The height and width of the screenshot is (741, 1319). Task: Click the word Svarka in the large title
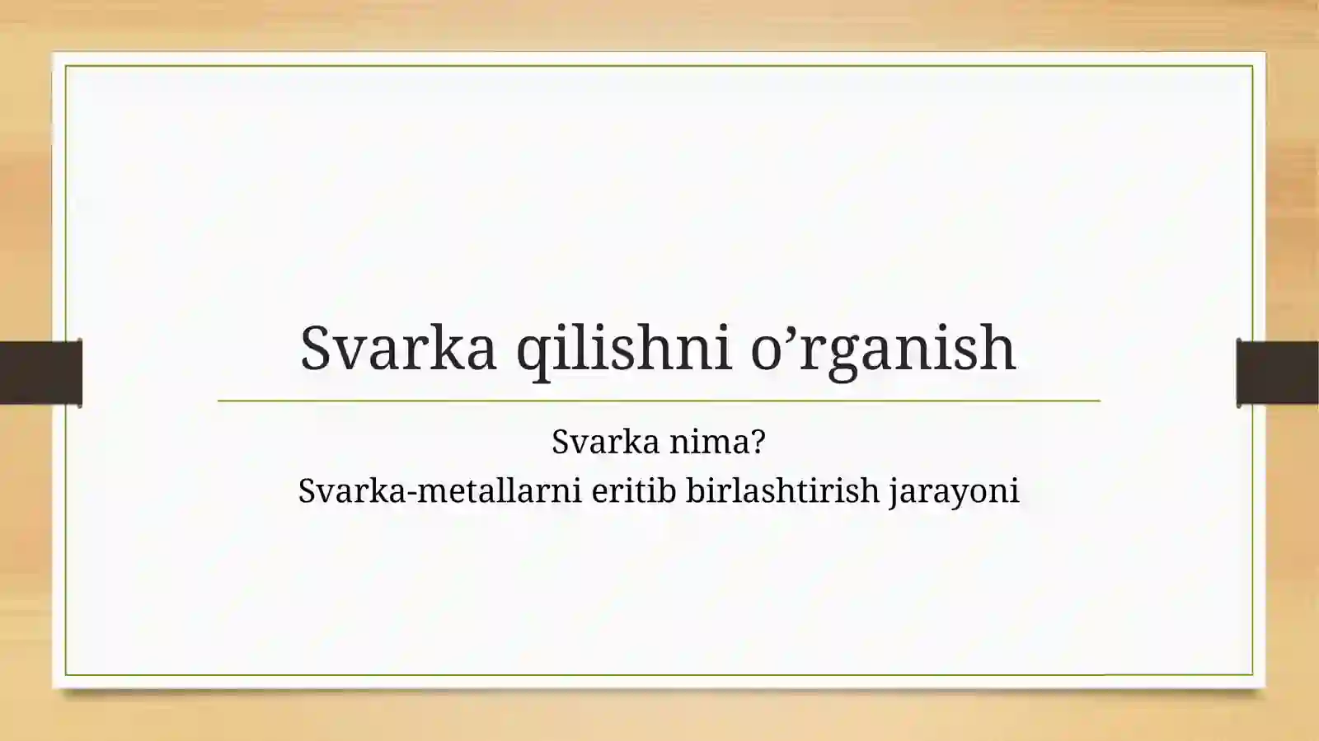[398, 348]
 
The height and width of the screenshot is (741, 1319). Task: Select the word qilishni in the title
[623, 348]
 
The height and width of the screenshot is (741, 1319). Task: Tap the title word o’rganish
[883, 348]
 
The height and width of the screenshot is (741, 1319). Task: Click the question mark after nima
[758, 442]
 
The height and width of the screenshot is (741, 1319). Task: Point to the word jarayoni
[954, 492]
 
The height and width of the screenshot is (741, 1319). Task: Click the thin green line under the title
[659, 401]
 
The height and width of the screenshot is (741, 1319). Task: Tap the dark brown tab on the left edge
[40, 373]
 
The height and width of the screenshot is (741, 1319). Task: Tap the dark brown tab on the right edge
[1278, 373]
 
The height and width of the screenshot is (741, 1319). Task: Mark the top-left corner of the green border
[66, 66]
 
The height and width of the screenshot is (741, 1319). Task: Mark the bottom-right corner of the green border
[1252, 674]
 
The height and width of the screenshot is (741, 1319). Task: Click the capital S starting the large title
[316, 348]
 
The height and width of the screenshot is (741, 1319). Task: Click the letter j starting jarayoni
[894, 493]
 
